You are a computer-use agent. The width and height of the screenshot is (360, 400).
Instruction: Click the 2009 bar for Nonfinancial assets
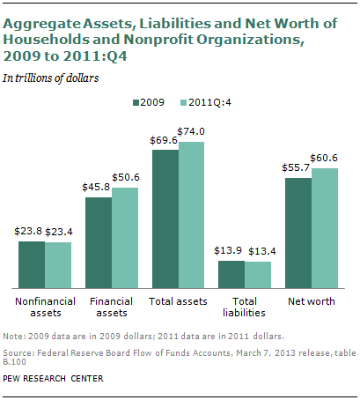[x=32, y=264]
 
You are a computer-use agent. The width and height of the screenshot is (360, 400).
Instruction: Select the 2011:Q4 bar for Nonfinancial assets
[x=58, y=265]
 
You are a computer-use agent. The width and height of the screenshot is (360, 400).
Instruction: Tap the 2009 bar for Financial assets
[x=99, y=242]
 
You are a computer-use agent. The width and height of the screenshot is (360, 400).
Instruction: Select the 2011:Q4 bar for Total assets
[x=191, y=215]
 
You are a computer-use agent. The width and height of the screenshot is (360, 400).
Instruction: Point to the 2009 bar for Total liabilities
[x=231, y=274]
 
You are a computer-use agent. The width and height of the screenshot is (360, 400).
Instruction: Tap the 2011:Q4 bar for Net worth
[x=325, y=228]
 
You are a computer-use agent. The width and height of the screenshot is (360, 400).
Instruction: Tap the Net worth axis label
[x=312, y=301]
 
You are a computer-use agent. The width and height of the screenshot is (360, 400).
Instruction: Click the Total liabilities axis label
[x=245, y=307]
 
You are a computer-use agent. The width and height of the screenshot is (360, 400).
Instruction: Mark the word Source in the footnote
[x=20, y=353]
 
